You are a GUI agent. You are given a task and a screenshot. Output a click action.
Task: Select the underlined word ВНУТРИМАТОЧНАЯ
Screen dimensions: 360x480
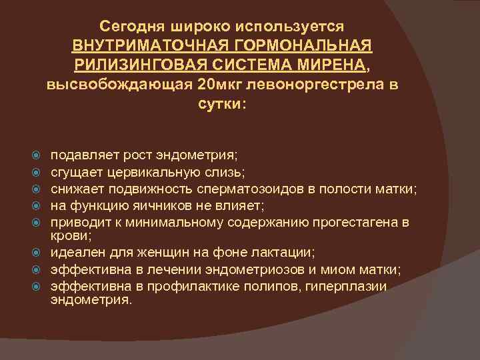point(154,46)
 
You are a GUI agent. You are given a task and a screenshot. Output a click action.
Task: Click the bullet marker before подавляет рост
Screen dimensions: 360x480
point(38,156)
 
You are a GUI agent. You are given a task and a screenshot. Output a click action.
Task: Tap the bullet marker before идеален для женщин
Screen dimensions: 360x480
point(38,253)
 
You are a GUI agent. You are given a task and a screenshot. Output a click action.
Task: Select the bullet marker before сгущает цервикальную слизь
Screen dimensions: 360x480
point(38,173)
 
